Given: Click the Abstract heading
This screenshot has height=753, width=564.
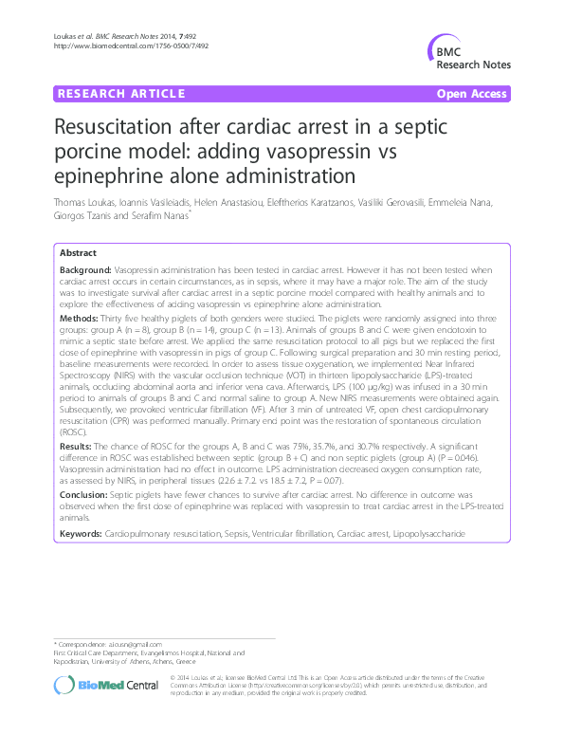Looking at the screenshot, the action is coord(78,253).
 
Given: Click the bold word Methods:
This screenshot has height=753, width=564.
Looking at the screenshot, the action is coord(79,320).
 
